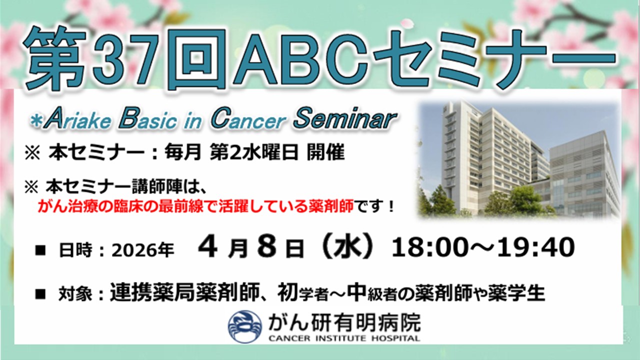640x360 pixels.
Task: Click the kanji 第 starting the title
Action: click(55, 58)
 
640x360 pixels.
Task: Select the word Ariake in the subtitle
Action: click(78, 119)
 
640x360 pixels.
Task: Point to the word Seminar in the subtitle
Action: click(345, 118)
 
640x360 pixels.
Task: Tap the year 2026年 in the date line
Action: click(142, 250)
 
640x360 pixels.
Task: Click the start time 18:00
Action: click(431, 247)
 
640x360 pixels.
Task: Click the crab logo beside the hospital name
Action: click(245, 326)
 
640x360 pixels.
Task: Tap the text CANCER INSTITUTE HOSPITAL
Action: click(344, 338)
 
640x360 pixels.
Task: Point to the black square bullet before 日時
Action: click(40, 250)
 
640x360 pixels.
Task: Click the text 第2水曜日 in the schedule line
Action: click(254, 152)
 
